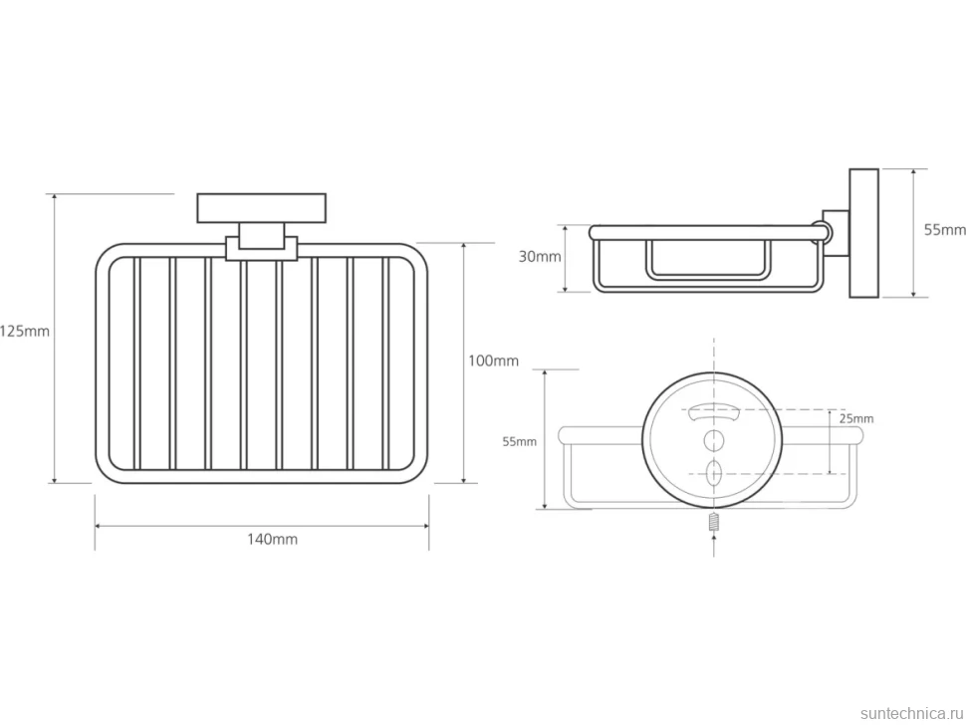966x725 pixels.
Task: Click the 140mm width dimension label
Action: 272,540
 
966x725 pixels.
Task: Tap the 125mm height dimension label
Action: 25,332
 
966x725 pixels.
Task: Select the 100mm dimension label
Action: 494,361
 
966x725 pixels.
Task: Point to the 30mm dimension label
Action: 540,257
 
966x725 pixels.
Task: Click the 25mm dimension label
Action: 856,419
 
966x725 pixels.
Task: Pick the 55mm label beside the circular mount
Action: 519,441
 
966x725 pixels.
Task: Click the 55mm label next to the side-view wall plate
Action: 945,230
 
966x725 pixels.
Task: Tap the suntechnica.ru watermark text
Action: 911,713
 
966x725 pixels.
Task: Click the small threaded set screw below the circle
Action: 714,523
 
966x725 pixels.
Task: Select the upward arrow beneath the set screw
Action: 714,545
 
